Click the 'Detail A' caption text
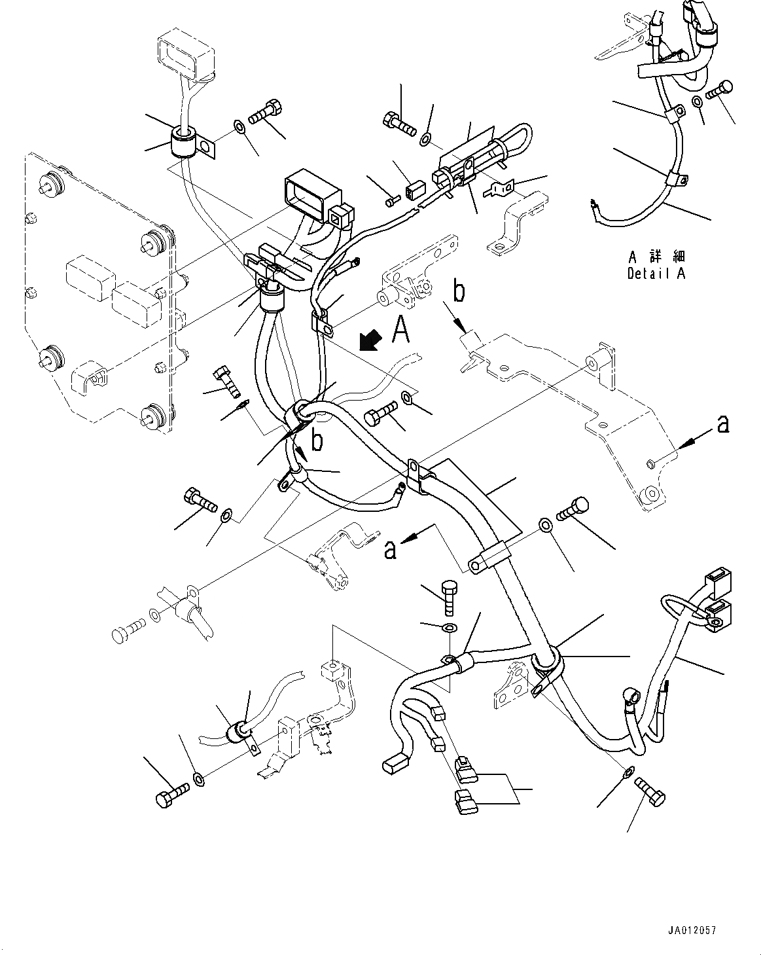pos(656,274)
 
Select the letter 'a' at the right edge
pos(722,425)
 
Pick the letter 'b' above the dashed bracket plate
pos(459,291)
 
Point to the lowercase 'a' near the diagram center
pos(390,550)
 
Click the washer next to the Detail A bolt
pos(698,101)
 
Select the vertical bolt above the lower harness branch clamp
pos(448,596)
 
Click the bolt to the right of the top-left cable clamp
pos(266,112)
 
